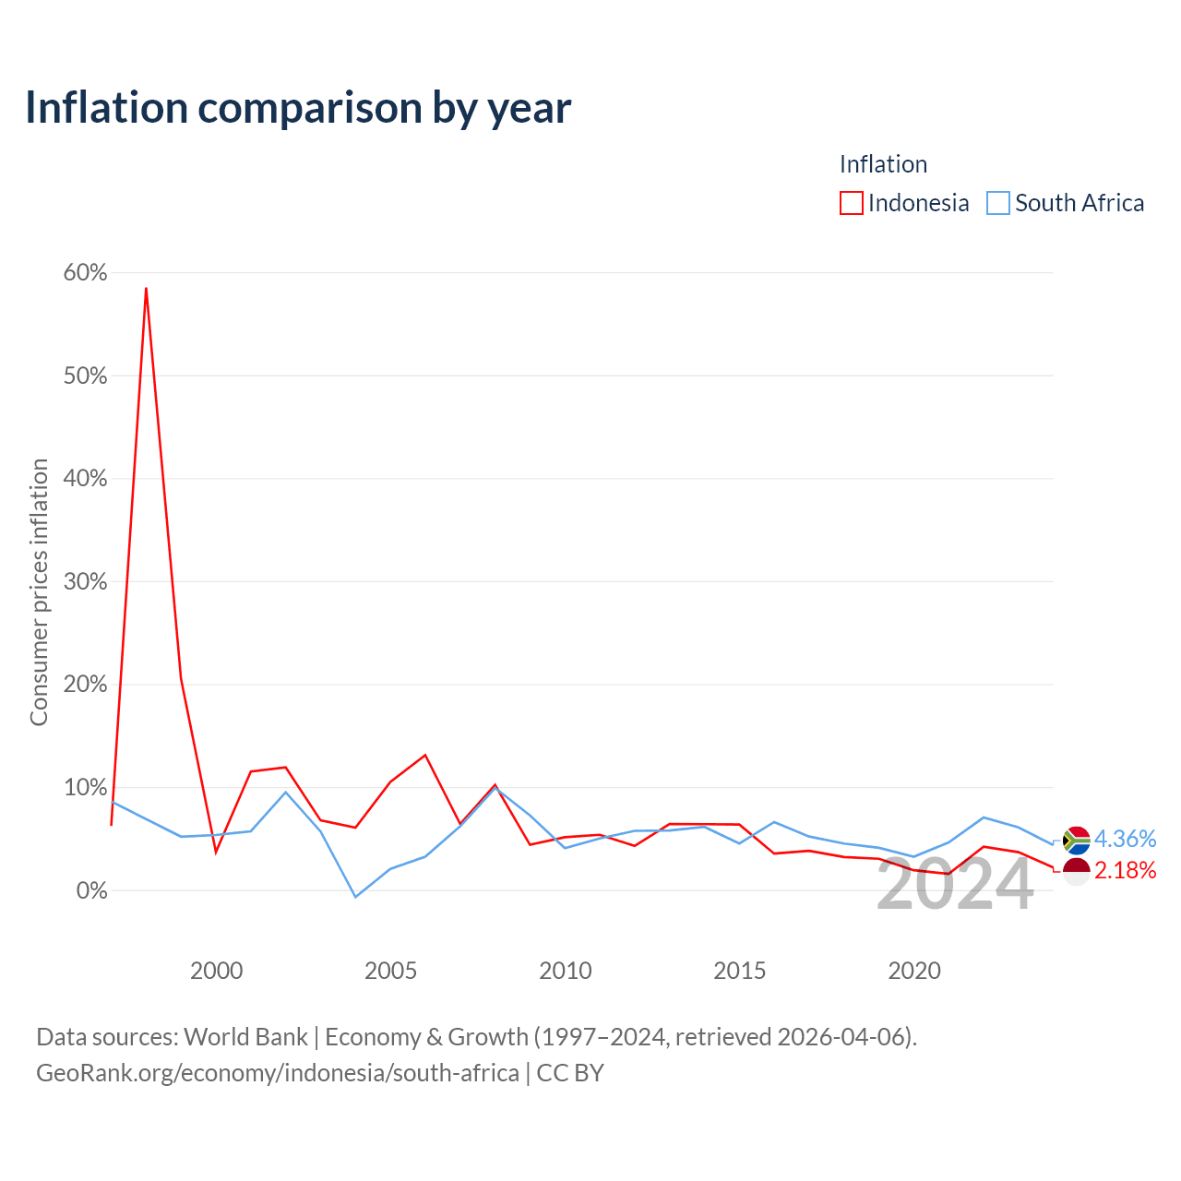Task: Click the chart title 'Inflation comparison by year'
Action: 298,108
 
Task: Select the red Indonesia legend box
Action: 851,203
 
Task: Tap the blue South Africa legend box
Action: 997,203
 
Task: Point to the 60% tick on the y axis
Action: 85,272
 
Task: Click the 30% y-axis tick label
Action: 85,581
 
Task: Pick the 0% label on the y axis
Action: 92,889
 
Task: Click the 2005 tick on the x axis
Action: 390,971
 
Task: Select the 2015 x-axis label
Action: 739,971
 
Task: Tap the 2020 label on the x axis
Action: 913,971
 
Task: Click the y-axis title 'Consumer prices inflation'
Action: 39,592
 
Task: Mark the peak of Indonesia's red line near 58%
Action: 146,288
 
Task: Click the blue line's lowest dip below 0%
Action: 355,897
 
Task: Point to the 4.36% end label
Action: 1125,839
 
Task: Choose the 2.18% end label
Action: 1125,870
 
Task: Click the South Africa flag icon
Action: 1076,840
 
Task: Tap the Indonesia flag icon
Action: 1076,871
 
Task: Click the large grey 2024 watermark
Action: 955,885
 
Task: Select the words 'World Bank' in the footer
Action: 245,1037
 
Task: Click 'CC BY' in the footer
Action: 570,1073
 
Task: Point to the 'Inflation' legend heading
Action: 883,164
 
